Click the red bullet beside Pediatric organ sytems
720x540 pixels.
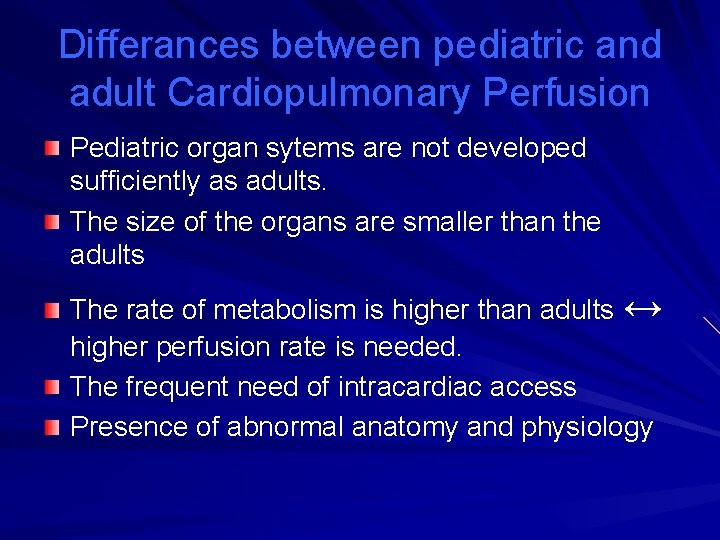pos(52,149)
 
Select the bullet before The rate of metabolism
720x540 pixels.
pos(52,312)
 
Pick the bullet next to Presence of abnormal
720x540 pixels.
pos(52,428)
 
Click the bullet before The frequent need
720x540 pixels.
pos(52,388)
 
